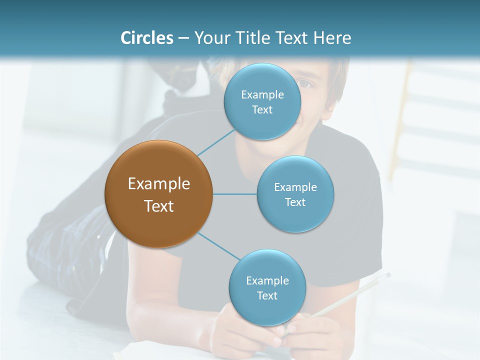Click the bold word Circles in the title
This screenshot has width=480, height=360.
(147, 38)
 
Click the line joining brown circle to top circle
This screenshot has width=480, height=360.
(216, 142)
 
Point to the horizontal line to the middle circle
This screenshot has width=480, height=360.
(235, 194)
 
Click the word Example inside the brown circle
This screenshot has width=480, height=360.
(158, 184)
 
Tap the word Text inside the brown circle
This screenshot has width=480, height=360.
(158, 206)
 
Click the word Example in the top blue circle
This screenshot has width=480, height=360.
(262, 94)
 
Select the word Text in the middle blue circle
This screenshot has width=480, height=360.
(295, 202)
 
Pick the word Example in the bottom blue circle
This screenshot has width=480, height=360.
(267, 280)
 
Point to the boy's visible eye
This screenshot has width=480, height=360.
(306, 83)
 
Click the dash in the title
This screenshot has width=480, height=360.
(183, 38)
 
